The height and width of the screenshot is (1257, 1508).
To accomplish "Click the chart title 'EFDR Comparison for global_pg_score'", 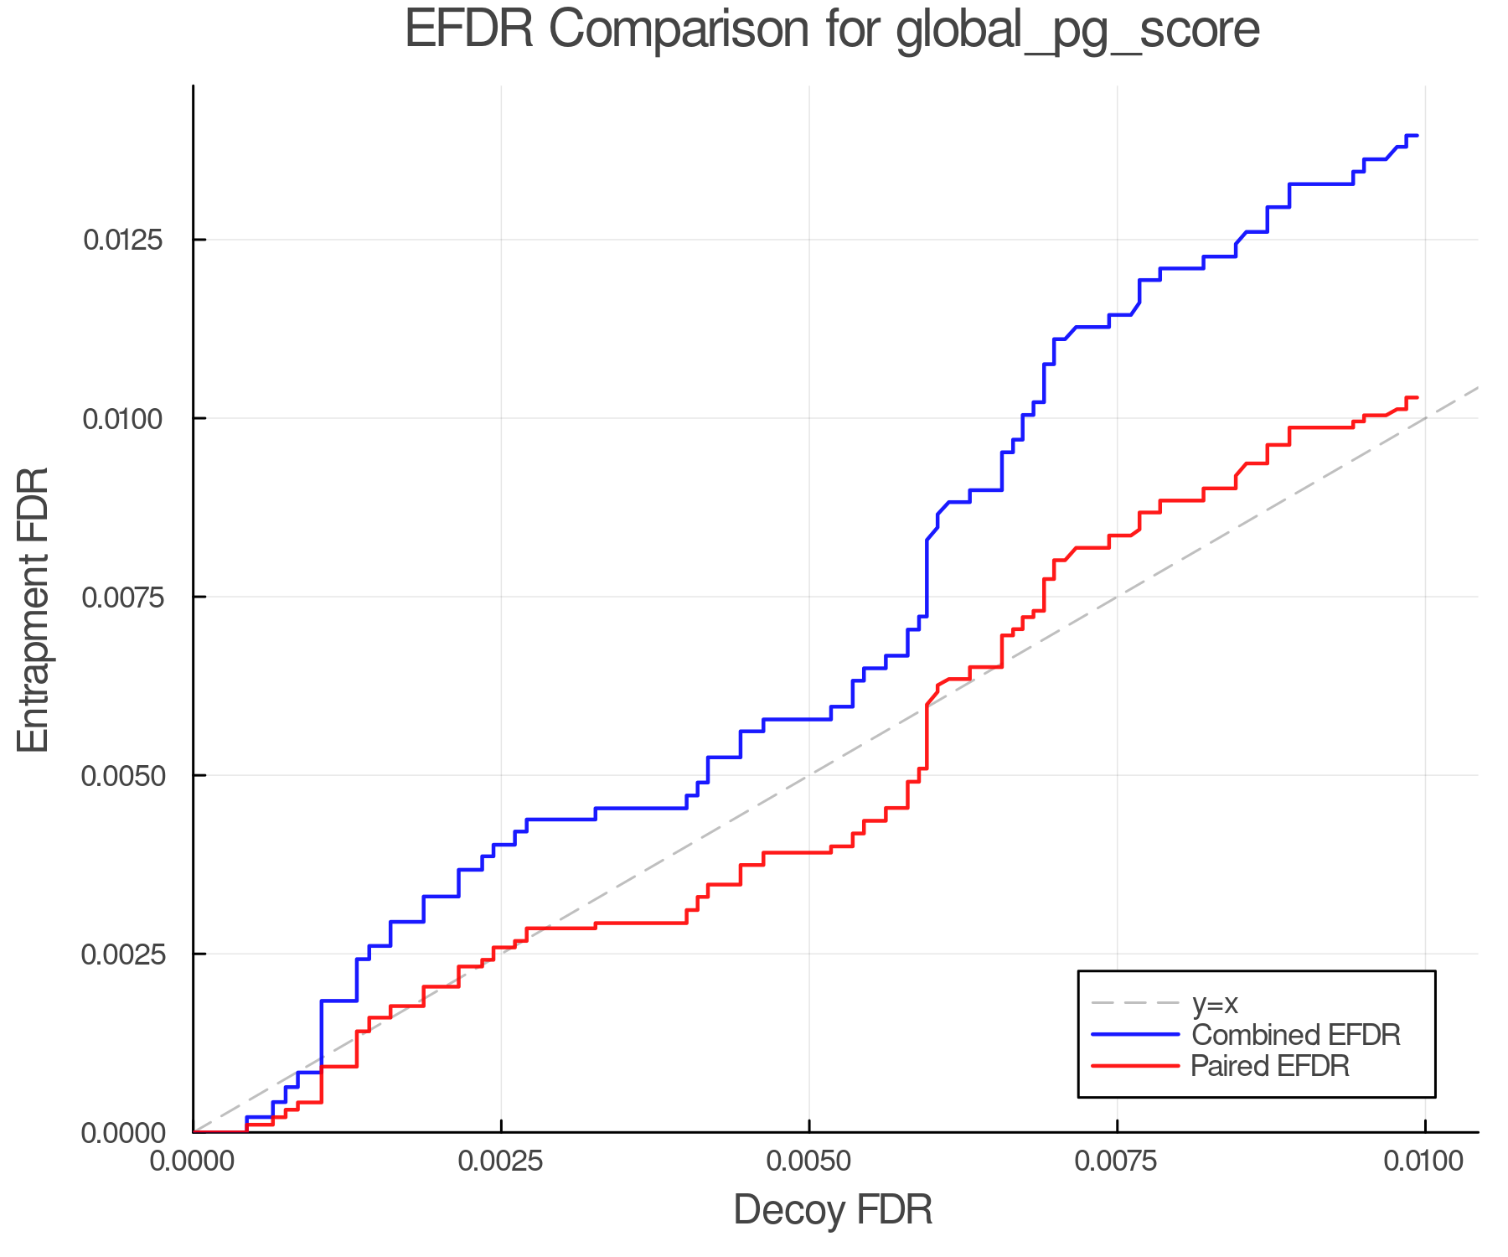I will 832,30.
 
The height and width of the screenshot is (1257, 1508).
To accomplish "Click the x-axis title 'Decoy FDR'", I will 833,1210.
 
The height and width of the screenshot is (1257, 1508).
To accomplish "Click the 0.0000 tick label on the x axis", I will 194,1161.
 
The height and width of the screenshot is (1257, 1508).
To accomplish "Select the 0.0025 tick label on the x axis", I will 501,1161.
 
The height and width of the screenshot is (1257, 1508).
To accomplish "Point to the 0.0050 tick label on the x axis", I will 809,1161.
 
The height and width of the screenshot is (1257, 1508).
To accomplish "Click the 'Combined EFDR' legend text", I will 1295,1035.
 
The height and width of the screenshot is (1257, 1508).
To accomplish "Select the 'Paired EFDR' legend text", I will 1270,1066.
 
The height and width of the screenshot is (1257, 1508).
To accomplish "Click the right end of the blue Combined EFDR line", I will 1417,135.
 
